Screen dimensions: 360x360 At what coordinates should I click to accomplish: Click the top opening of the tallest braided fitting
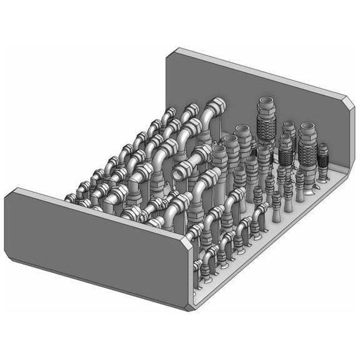tap(266, 101)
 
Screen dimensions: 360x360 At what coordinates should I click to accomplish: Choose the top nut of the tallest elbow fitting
tap(216, 102)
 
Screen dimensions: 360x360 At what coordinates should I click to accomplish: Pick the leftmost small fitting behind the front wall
tap(70, 198)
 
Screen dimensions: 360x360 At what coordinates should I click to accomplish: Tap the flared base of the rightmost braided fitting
tap(322, 179)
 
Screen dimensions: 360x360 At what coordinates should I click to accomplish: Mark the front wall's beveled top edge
tap(94, 211)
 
